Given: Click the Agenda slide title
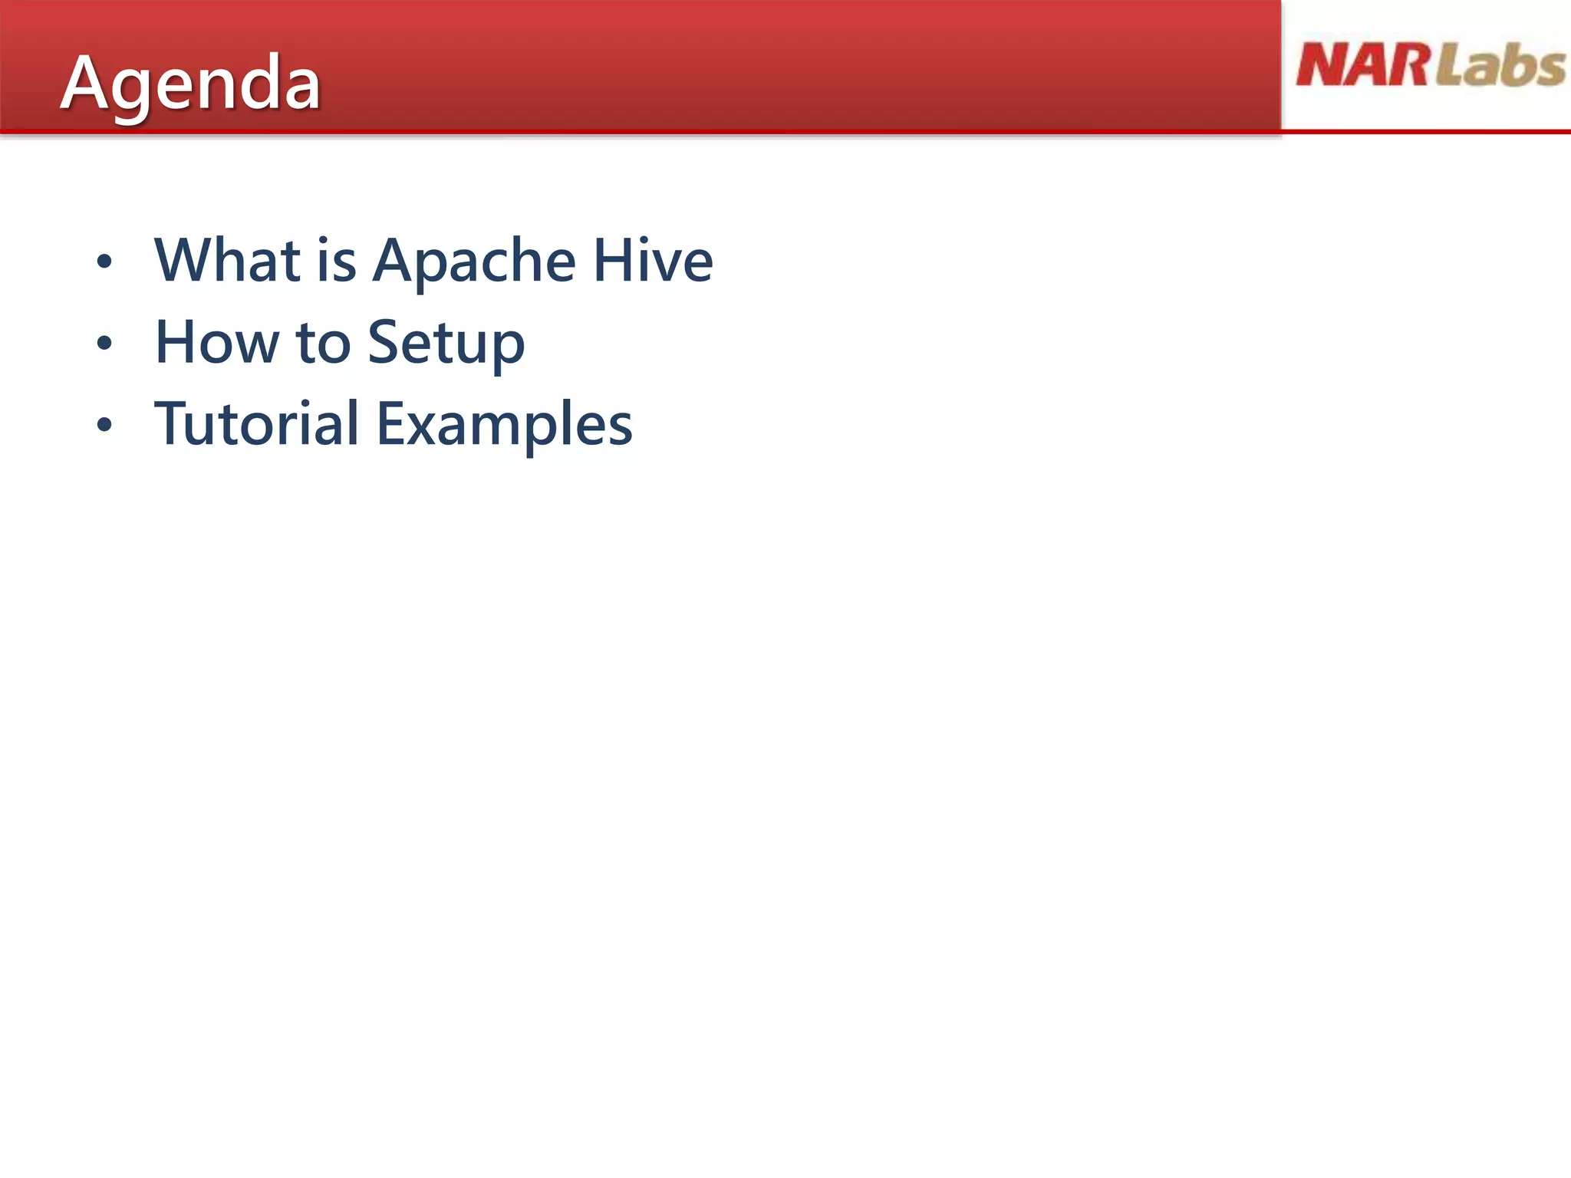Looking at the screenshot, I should tap(190, 83).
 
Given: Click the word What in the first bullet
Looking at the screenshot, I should tap(227, 261).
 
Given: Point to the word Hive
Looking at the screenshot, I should tap(653, 261).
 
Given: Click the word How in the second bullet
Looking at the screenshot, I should tap(217, 343).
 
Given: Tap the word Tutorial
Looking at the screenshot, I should tap(256, 424).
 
